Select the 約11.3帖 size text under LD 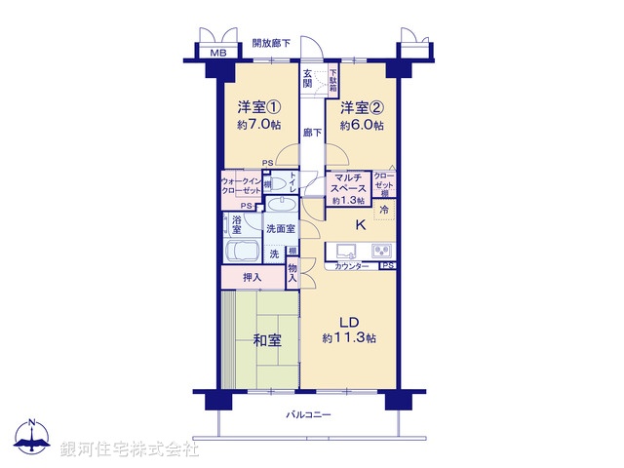point(349,337)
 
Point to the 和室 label point(268,340)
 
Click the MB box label point(219,54)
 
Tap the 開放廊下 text point(272,42)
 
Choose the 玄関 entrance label point(308,79)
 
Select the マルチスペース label point(348,182)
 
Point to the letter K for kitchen point(360,225)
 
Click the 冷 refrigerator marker point(384,210)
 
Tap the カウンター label point(352,266)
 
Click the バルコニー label point(308,415)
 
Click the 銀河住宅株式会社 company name point(130,449)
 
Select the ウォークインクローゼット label point(240,185)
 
